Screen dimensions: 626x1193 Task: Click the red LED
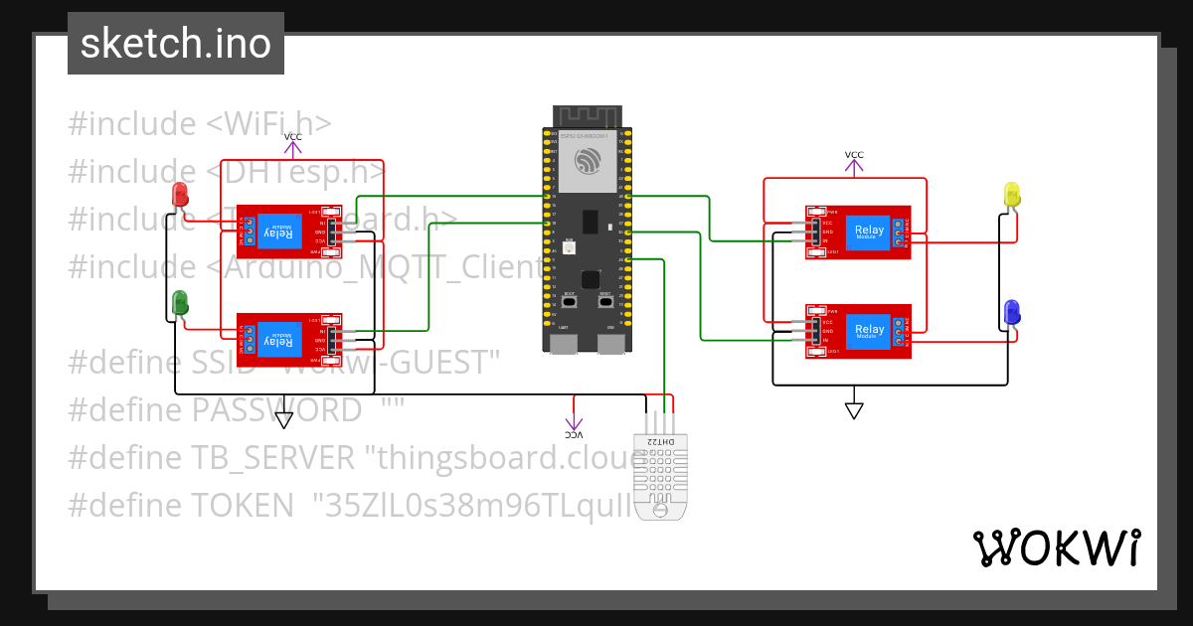tap(180, 195)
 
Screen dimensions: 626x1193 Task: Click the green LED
tap(180, 302)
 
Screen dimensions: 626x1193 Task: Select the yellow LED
tap(1012, 195)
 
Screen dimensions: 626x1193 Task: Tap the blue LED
tap(1012, 312)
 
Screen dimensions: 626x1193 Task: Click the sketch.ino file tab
tap(176, 44)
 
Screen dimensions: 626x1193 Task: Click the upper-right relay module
tap(857, 232)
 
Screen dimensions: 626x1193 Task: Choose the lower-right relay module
tap(857, 330)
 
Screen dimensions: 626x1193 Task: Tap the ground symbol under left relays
tap(284, 419)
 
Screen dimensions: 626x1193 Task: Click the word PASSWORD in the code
tap(277, 409)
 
